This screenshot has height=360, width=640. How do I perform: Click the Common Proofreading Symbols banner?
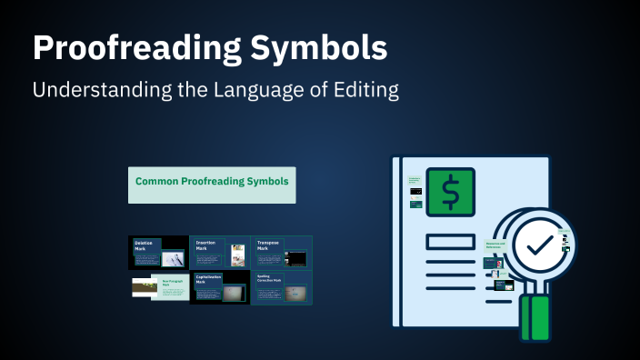(213, 183)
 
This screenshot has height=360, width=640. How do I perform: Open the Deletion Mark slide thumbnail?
(159, 253)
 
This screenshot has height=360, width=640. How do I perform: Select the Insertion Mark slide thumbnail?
(220, 253)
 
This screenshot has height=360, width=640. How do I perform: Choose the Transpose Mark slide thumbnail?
(282, 253)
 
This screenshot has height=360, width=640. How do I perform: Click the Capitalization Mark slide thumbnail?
(220, 287)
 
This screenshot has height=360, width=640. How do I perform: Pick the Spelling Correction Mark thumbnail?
(282, 287)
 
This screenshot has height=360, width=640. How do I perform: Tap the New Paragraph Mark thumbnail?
(159, 287)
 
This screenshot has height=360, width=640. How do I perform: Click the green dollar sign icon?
(450, 192)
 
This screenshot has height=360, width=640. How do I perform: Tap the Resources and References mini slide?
(495, 245)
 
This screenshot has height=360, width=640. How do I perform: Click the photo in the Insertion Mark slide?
(237, 255)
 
